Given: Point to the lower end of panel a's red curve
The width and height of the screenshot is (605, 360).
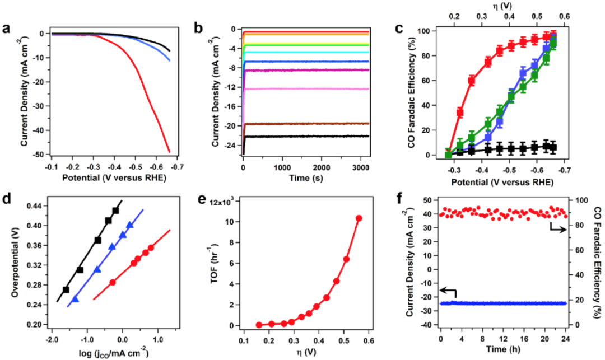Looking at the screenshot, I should click(x=170, y=151).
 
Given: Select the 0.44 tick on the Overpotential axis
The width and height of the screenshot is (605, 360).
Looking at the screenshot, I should click(x=36, y=207).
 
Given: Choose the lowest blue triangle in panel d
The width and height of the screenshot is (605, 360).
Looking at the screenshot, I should click(x=76, y=299).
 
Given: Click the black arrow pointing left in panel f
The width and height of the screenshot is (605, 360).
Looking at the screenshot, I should click(x=448, y=291).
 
